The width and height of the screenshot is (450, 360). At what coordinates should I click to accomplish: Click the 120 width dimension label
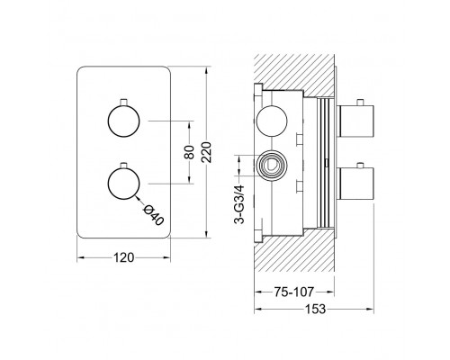click(123, 257)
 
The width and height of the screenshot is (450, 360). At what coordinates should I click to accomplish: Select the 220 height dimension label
click(207, 152)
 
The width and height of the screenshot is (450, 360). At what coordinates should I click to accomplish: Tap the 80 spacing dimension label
click(189, 152)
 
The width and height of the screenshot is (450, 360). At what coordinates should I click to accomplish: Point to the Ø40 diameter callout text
click(154, 215)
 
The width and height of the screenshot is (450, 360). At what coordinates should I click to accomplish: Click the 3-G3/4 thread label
click(239, 204)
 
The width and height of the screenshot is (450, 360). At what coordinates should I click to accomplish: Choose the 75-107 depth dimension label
click(293, 292)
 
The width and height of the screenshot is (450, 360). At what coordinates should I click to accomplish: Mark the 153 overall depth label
click(315, 309)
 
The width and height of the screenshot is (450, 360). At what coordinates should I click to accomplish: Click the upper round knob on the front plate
click(123, 121)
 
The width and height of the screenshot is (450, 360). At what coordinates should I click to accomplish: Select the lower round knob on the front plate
click(123, 184)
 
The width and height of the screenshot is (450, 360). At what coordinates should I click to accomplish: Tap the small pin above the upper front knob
click(123, 102)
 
